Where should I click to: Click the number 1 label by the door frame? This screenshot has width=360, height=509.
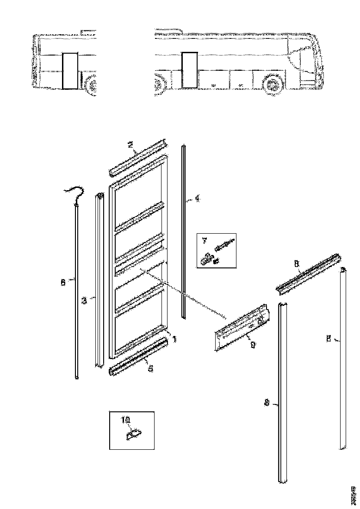(174, 339)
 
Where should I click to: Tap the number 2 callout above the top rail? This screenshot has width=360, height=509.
(130, 145)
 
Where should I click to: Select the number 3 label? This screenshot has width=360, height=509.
(84, 301)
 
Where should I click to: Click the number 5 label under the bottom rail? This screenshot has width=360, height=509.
(149, 368)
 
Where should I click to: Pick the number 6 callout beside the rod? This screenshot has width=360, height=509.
(63, 283)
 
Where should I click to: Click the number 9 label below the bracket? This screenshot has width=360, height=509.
(252, 344)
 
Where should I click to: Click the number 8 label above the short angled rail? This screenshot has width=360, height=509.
(296, 263)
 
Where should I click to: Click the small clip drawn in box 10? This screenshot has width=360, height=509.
(134, 434)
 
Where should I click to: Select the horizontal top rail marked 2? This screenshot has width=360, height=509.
(137, 159)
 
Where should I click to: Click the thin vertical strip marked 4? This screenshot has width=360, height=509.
(184, 231)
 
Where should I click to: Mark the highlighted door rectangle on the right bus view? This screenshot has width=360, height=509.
(189, 69)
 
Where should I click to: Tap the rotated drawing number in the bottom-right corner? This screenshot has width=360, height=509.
(354, 496)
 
